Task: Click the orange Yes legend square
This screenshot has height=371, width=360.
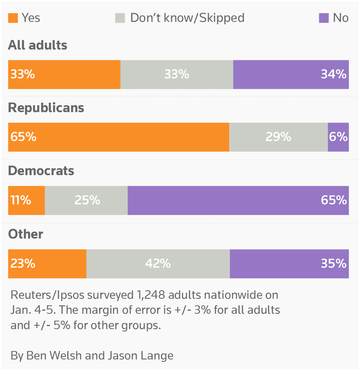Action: click(x=13, y=18)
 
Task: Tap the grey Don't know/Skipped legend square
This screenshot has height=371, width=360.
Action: click(x=120, y=18)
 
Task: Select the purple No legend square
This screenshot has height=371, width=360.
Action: click(x=324, y=18)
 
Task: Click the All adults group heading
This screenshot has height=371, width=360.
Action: click(x=38, y=45)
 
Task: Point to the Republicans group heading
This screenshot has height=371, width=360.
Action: click(x=46, y=108)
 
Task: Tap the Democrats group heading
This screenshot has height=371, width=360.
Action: click(x=41, y=171)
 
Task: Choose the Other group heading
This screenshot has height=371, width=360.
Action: click(x=25, y=234)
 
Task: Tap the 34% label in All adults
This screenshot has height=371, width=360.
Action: click(x=334, y=74)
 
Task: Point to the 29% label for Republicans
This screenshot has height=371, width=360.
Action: click(x=278, y=137)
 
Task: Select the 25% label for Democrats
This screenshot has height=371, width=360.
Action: click(x=87, y=200)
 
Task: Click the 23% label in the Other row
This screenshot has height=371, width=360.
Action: click(x=23, y=263)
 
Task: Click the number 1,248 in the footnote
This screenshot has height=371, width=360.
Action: click(x=150, y=295)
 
